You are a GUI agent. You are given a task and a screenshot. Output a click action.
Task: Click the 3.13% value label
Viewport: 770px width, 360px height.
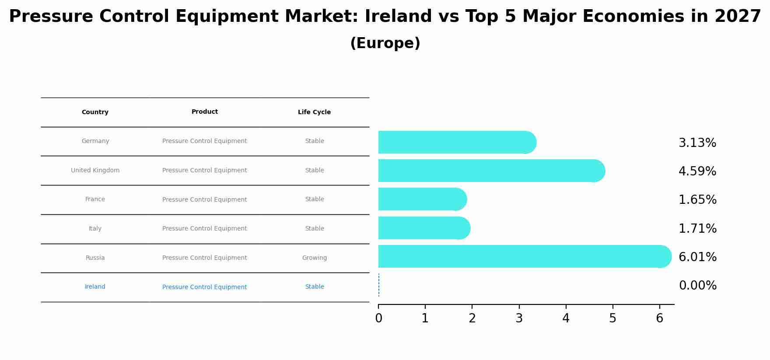point(697,143)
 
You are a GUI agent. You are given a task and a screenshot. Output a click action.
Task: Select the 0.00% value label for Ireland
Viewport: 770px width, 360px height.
point(697,286)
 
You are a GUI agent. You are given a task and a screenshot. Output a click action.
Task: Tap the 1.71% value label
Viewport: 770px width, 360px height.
point(697,228)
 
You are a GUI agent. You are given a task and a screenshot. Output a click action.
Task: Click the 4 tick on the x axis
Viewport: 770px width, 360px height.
point(566,318)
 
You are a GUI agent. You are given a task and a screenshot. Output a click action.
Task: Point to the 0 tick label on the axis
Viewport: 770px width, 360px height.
point(378,318)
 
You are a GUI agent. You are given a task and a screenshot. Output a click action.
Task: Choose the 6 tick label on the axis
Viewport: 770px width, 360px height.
point(659,318)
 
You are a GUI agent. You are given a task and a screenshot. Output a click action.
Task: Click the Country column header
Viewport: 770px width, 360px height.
point(95,112)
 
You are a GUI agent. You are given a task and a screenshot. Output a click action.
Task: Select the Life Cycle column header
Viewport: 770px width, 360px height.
point(314,112)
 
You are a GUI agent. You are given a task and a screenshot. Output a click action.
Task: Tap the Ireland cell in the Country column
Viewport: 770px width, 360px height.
point(95,287)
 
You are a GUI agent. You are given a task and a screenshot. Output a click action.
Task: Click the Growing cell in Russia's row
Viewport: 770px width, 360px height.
point(314,258)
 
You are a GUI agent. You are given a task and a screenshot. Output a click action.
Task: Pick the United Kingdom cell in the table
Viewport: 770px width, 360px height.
point(95,171)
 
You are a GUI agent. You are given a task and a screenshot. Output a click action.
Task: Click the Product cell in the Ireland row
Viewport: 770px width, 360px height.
point(204,287)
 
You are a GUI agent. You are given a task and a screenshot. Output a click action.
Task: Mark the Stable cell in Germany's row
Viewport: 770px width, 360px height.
point(314,141)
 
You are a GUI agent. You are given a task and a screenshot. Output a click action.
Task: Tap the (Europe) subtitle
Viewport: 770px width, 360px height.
point(385,43)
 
